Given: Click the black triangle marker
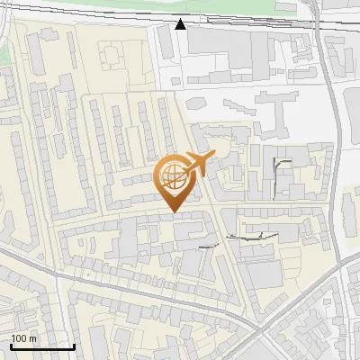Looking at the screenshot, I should [x=181, y=24].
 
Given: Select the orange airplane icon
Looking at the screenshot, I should [x=198, y=164].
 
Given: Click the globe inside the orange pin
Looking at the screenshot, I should [x=172, y=176].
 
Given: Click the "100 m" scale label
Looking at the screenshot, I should [x=23, y=337].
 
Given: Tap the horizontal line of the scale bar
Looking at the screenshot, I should [x=42, y=346].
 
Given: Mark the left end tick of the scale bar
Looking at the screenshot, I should [x=11, y=345].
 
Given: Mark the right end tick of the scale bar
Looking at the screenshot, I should [x=74, y=345].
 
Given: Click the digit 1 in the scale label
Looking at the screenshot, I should [x=13, y=337].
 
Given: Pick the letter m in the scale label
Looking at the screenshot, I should [x=33, y=337].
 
